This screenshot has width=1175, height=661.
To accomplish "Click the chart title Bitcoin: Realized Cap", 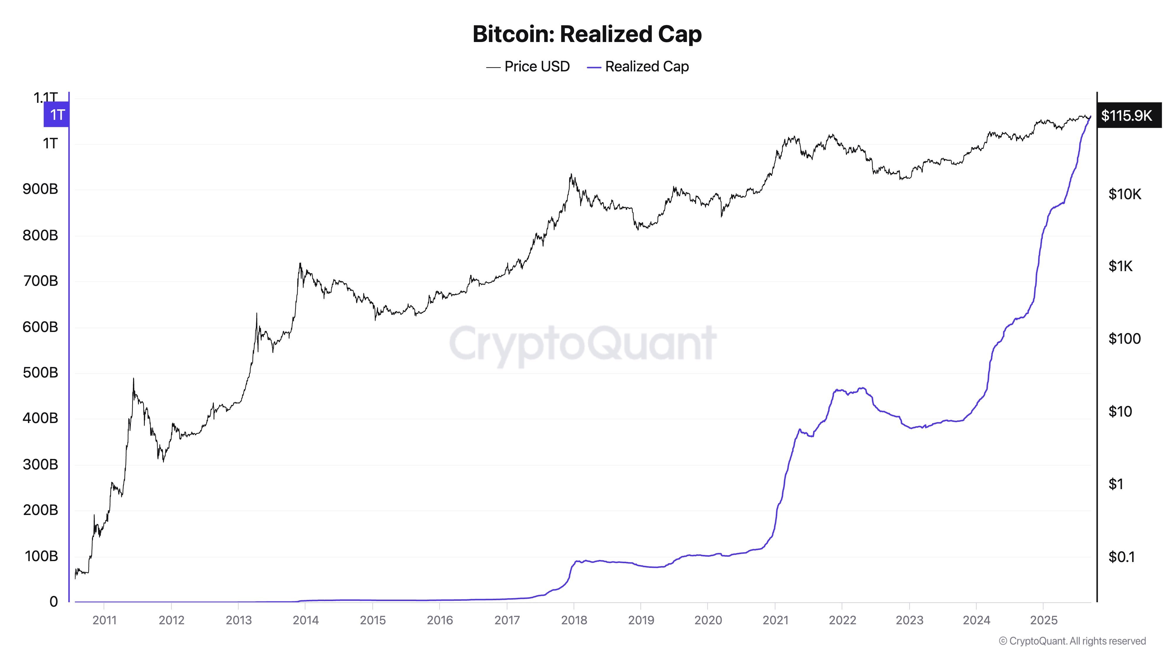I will (587, 34).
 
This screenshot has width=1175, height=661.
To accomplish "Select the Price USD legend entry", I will (528, 67).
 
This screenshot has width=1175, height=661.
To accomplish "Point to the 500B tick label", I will (40, 373).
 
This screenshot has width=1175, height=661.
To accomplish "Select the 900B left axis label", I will (40, 189).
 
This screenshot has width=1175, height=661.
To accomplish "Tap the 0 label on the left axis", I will (53, 602).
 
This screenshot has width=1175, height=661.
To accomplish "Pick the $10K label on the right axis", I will (1125, 194).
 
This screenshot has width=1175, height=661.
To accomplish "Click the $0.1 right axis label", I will (1121, 556).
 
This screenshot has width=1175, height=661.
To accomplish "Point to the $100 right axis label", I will (1124, 338).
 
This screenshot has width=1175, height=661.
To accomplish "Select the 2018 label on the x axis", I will (574, 620).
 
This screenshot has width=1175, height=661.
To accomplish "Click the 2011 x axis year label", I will (105, 620).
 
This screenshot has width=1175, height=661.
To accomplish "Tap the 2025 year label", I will (1044, 620).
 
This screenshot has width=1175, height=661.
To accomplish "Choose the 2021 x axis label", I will (775, 620).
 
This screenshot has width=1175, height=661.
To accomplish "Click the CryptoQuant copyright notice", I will (1072, 641).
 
